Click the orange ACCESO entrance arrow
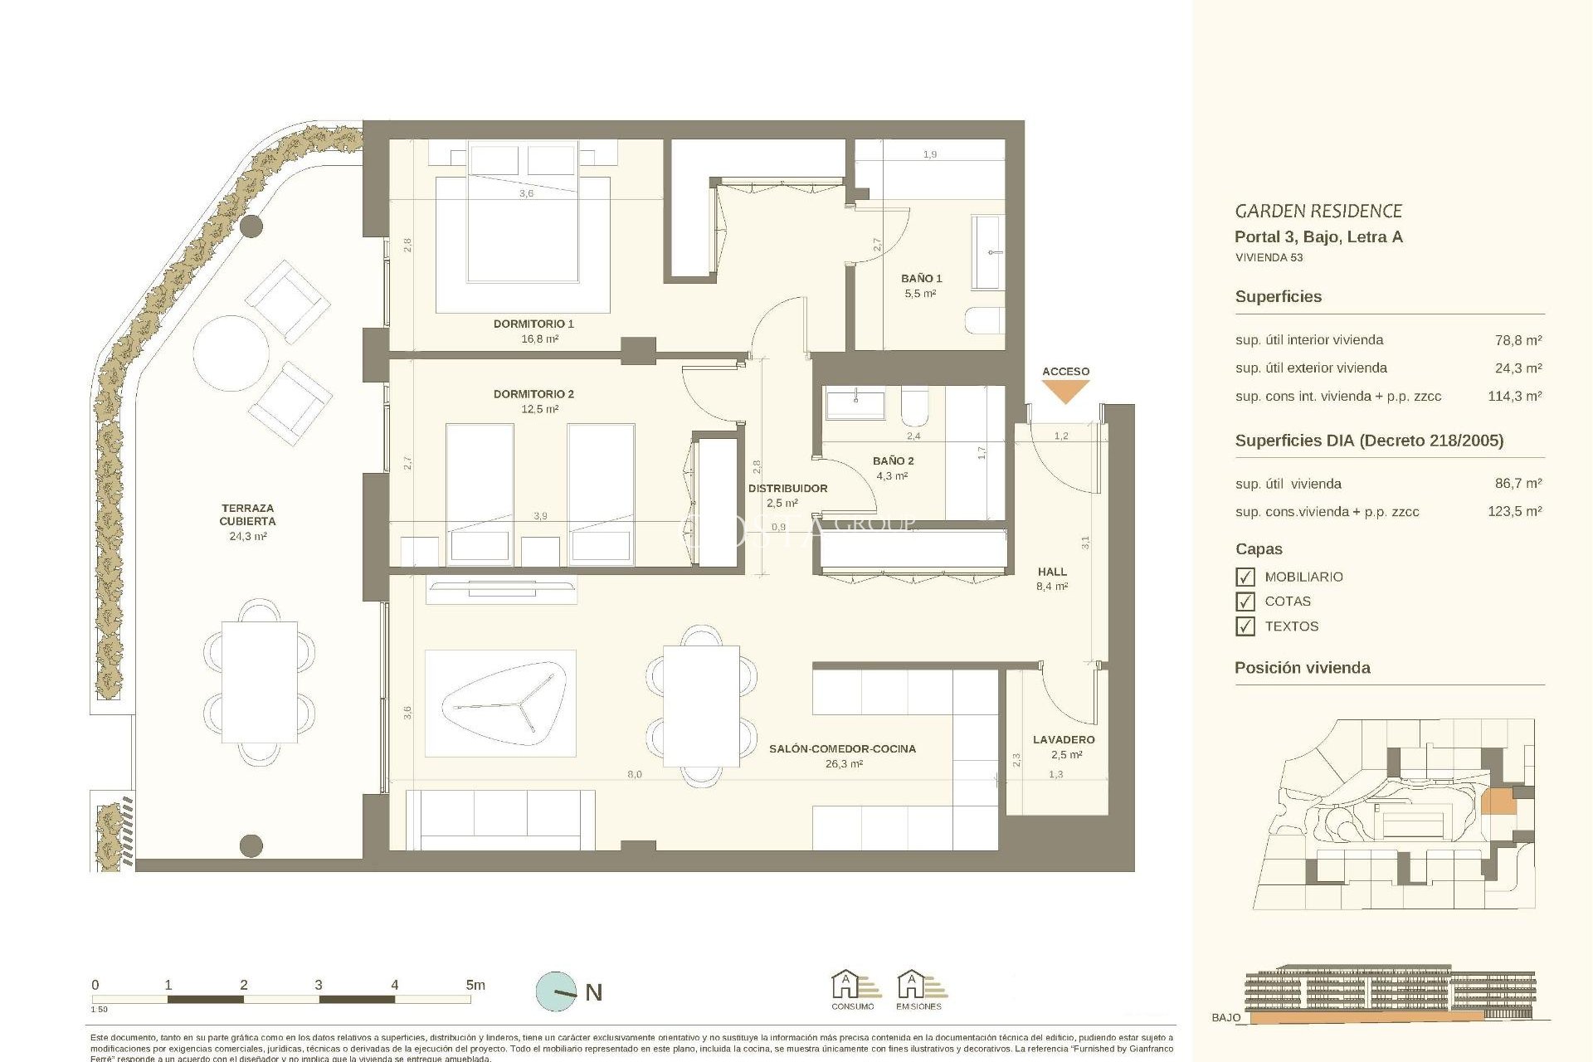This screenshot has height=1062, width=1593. [1065, 391]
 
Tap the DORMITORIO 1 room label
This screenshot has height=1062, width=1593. [533, 324]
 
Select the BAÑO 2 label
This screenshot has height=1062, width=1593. [893, 460]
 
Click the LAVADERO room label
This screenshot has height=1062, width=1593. [1064, 739]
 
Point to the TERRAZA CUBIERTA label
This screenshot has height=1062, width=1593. [247, 514]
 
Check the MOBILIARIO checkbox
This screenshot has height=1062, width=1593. [1245, 577]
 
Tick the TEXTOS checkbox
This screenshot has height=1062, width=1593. [1245, 626]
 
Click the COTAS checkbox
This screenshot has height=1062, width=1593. [1245, 602]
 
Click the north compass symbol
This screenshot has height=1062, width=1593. [557, 991]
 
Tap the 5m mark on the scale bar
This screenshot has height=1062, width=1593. [474, 986]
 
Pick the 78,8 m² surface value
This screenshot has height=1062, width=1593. [1517, 340]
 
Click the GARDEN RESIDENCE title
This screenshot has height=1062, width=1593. [1318, 211]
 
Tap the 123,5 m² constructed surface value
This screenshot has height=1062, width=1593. [1514, 511]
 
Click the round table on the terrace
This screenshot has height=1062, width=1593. [231, 353]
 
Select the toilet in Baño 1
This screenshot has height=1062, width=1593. [986, 320]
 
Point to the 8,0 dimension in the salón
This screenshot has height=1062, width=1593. [634, 774]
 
